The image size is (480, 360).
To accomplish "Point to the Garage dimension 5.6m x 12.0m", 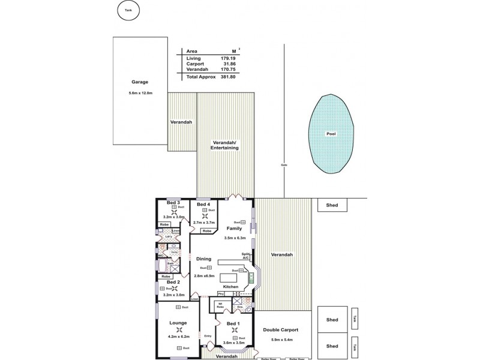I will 140,93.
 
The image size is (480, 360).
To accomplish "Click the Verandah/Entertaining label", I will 224,145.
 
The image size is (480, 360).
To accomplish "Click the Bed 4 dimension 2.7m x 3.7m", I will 204,222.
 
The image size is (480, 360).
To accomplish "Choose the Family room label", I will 234,229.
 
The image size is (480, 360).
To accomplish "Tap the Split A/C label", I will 245,256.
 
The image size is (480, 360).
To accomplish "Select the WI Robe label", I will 220,305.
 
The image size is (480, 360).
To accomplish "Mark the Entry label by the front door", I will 208,336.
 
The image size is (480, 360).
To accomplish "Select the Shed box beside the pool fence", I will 332,205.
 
